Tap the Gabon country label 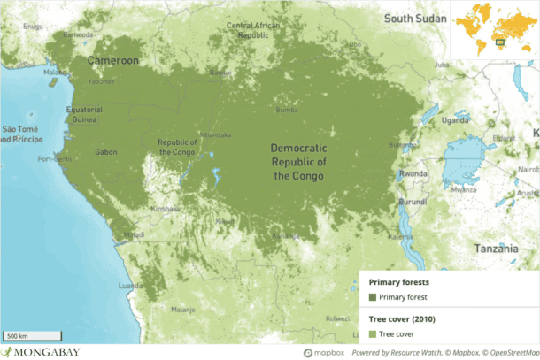107,152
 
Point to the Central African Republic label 252,30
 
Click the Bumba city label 286,111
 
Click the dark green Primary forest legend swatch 373,297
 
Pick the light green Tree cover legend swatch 373,333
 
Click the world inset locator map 494,29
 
